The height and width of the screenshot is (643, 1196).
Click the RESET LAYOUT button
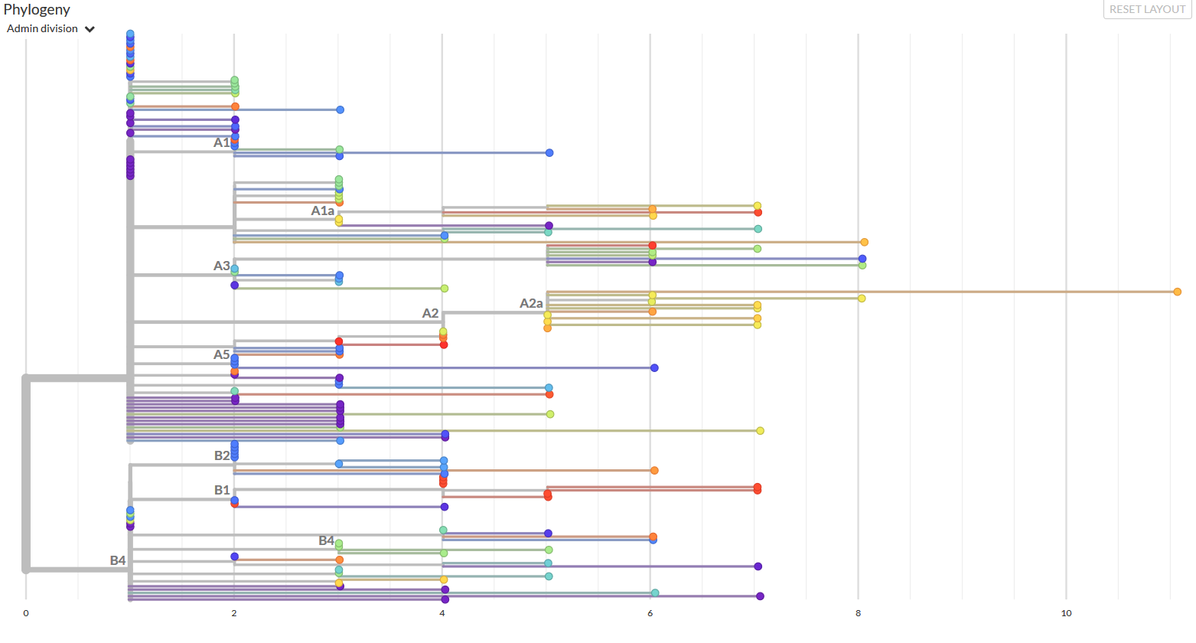pos(1147,9)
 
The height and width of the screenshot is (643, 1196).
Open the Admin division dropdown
pos(51,29)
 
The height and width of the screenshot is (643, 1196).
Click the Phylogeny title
pos(37,9)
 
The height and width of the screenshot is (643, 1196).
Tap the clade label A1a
pos(322,211)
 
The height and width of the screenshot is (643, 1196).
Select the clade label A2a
pos(531,303)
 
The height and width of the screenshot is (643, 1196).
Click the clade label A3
pos(221,266)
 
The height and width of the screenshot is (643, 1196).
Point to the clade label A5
pos(221,354)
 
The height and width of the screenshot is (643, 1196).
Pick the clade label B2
pos(221,455)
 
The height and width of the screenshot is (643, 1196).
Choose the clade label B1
pos(221,490)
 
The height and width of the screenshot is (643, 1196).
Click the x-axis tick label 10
pos(1066,613)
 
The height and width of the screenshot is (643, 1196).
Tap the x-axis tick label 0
pos(26,613)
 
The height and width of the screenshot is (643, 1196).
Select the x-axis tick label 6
pos(650,613)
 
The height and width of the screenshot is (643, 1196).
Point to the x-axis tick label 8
pos(858,613)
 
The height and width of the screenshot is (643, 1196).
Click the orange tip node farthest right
pos(1177,292)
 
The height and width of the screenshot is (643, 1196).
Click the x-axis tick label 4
pos(442,613)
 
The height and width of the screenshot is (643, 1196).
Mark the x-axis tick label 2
pos(234,613)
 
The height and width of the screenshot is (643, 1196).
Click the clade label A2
pos(430,313)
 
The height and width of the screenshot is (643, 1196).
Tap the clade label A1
pos(220,142)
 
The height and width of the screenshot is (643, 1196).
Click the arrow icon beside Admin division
pos(90,29)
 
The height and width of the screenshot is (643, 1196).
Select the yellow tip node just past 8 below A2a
pos(862,299)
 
